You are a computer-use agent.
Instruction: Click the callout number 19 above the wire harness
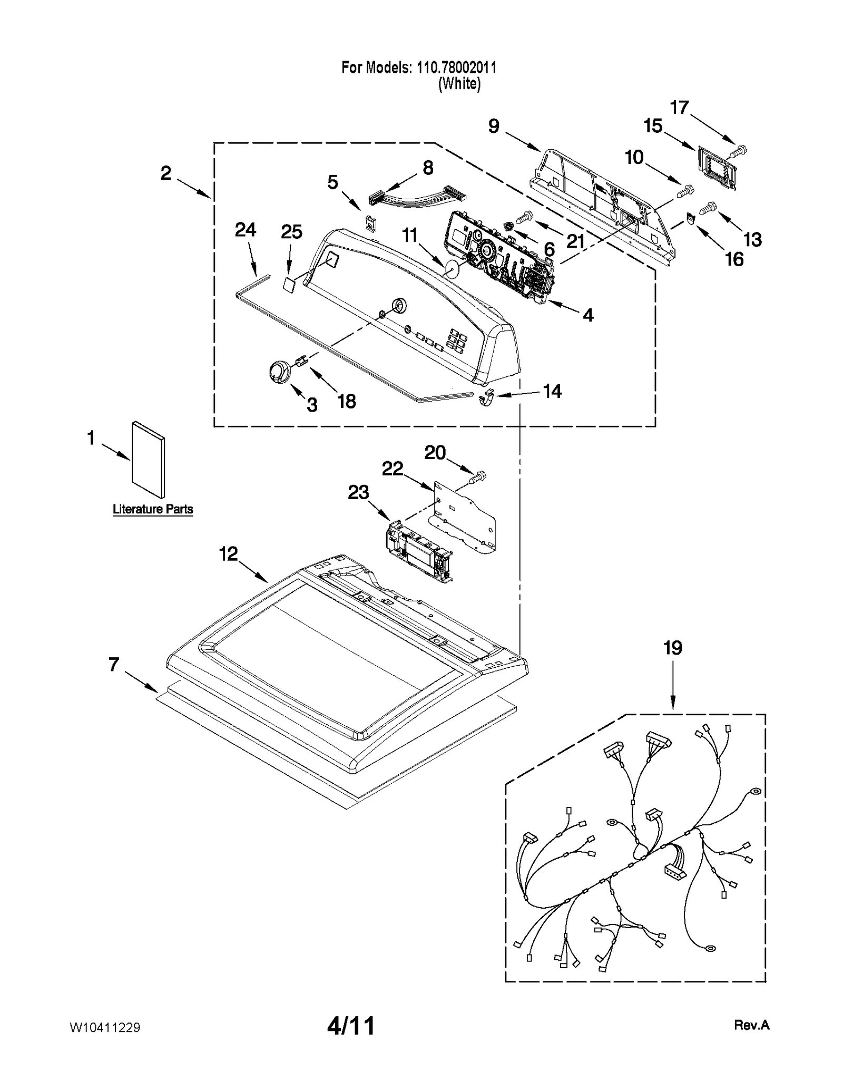pos(673,648)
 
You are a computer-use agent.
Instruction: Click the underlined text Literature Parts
pos(153,509)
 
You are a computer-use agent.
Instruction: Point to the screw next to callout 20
pos(478,478)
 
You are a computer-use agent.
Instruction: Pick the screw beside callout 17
pos(740,151)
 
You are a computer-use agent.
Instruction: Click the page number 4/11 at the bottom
pos(351,1026)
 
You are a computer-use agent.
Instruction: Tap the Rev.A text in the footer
pos(752,1025)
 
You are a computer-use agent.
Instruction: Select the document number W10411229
pos(105,1027)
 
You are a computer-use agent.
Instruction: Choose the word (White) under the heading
pos(459,84)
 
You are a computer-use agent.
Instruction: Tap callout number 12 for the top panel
pos(228,553)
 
